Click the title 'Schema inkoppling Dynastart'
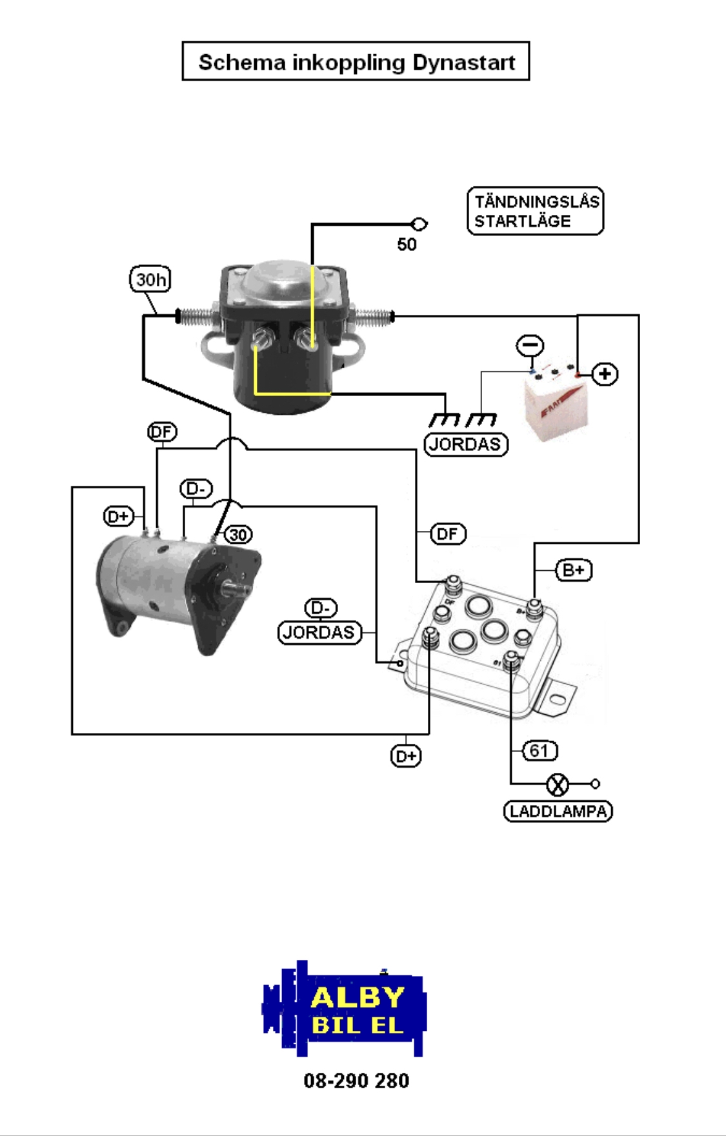pyautogui.click(x=356, y=62)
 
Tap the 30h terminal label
pyautogui.click(x=150, y=279)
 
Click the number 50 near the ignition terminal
pyautogui.click(x=407, y=244)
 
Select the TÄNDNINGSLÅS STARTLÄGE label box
pyautogui.click(x=535, y=211)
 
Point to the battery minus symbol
pyautogui.click(x=530, y=345)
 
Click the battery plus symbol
pyautogui.click(x=605, y=374)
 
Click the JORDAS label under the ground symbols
pyautogui.click(x=466, y=444)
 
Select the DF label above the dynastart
pyautogui.click(x=162, y=432)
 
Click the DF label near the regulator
pyautogui.click(x=447, y=533)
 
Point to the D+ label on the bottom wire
pyautogui.click(x=406, y=756)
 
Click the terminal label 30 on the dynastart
pyautogui.click(x=238, y=534)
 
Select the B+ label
pyautogui.click(x=574, y=570)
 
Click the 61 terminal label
pyautogui.click(x=539, y=751)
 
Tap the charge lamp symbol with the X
pyautogui.click(x=558, y=784)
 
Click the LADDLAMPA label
pyautogui.click(x=558, y=811)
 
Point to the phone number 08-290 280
pyautogui.click(x=356, y=1081)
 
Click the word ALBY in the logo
pyautogui.click(x=358, y=997)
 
